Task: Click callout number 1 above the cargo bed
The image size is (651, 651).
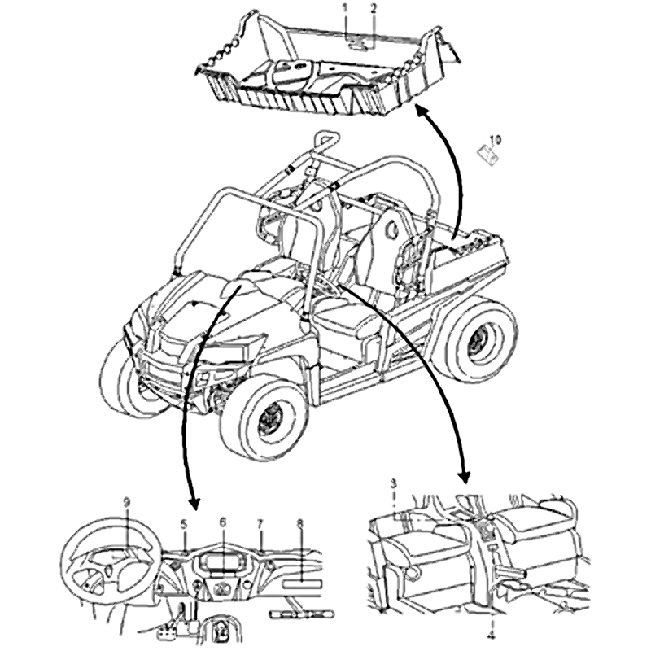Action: tap(344, 7)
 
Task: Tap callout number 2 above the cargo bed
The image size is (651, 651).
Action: tap(374, 7)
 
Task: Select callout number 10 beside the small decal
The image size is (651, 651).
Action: tap(496, 139)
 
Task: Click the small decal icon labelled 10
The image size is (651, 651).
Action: tap(487, 155)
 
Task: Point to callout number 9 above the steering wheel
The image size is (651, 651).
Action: tap(127, 502)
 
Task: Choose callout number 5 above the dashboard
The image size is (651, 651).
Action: tap(184, 525)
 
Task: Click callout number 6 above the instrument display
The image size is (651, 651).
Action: tap(223, 522)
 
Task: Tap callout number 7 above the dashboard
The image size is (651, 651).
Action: tap(260, 525)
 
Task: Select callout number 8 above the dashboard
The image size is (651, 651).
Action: tap(299, 525)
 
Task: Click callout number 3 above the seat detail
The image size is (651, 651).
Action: tap(394, 483)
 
